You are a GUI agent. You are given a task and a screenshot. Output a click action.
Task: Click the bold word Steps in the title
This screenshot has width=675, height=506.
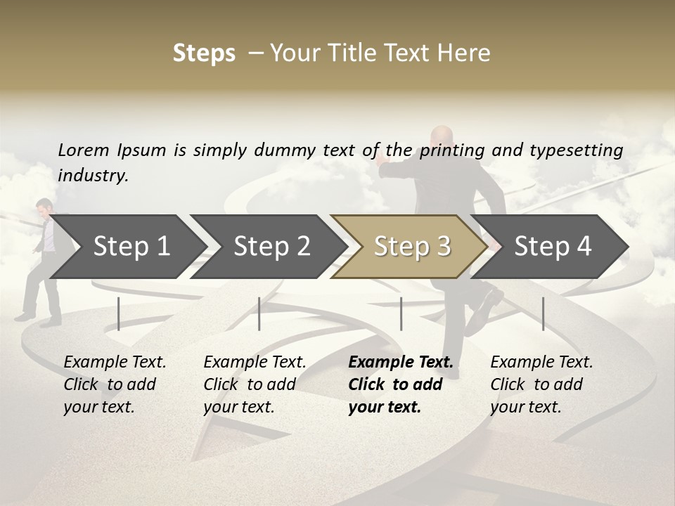click(204, 53)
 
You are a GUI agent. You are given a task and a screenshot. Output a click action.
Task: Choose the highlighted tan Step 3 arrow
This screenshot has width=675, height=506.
click(412, 246)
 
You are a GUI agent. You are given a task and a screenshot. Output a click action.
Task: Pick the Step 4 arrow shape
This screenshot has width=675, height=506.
click(553, 246)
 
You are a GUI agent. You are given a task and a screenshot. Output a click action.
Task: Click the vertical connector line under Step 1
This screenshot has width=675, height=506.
click(119, 313)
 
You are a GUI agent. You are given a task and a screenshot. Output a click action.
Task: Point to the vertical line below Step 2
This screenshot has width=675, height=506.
click(259, 313)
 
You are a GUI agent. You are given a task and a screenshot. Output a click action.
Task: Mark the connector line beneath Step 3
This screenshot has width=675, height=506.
click(401, 313)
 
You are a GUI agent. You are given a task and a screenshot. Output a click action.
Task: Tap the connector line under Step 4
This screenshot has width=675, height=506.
click(544, 313)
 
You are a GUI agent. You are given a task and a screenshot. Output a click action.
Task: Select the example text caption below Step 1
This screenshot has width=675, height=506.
click(114, 384)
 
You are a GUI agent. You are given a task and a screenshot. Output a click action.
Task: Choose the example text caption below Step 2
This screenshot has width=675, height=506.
click(254, 384)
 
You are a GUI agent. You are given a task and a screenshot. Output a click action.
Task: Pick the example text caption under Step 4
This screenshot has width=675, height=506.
click(541, 384)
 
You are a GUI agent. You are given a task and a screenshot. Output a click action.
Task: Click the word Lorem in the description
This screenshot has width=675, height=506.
click(83, 150)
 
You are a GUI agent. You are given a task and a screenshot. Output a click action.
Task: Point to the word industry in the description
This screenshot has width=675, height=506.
click(93, 176)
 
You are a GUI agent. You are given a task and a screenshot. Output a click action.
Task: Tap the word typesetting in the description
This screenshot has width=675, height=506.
click(576, 150)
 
